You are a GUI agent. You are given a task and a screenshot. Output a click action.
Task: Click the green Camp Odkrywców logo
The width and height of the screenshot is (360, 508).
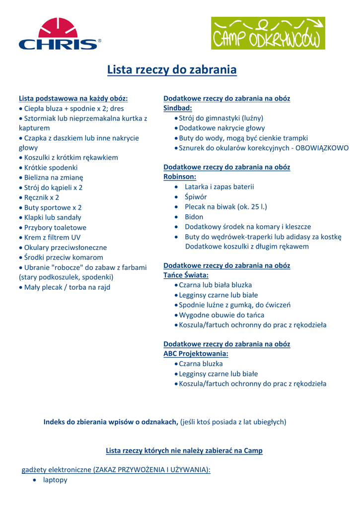pos(268,33)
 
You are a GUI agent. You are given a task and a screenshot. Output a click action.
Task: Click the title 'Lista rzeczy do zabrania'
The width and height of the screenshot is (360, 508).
pos(172,70)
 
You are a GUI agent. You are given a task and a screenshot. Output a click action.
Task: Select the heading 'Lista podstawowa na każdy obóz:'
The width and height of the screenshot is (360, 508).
pos(73,98)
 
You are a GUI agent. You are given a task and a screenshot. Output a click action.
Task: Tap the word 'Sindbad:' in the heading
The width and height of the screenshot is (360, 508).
pos(178,108)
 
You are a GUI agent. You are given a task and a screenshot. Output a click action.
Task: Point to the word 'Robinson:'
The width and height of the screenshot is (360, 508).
pos(180,177)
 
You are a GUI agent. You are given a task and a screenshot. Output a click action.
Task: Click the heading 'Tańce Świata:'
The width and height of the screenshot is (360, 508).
pos(186,275)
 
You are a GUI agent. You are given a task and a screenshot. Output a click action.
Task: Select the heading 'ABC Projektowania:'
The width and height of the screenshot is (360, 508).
pos(196,354)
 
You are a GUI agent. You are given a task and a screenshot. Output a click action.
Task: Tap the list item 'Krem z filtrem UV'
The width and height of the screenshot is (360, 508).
pos(52,237)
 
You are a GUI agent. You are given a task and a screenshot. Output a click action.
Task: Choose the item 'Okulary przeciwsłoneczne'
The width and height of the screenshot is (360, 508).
pos(66,247)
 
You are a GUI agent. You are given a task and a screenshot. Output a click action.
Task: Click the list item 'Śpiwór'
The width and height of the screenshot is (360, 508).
pos(196,196)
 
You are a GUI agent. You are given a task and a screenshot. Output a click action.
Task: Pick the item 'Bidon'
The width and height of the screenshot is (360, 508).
pos(194,217)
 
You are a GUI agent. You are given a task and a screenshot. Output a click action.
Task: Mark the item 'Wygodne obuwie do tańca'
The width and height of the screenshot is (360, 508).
pos(221,315)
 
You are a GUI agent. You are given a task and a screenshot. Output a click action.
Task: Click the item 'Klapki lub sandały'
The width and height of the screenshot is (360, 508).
pos(53,217)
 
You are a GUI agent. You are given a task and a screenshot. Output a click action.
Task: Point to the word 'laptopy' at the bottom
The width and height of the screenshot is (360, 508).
pos(55,480)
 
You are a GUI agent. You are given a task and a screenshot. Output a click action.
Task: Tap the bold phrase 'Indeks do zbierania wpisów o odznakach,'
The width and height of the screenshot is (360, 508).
pos(111,422)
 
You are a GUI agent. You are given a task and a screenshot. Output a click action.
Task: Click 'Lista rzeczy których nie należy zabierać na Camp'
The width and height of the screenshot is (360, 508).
pos(184,450)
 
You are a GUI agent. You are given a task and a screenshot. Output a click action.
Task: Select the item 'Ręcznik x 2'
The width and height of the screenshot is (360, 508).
pos(42,197)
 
